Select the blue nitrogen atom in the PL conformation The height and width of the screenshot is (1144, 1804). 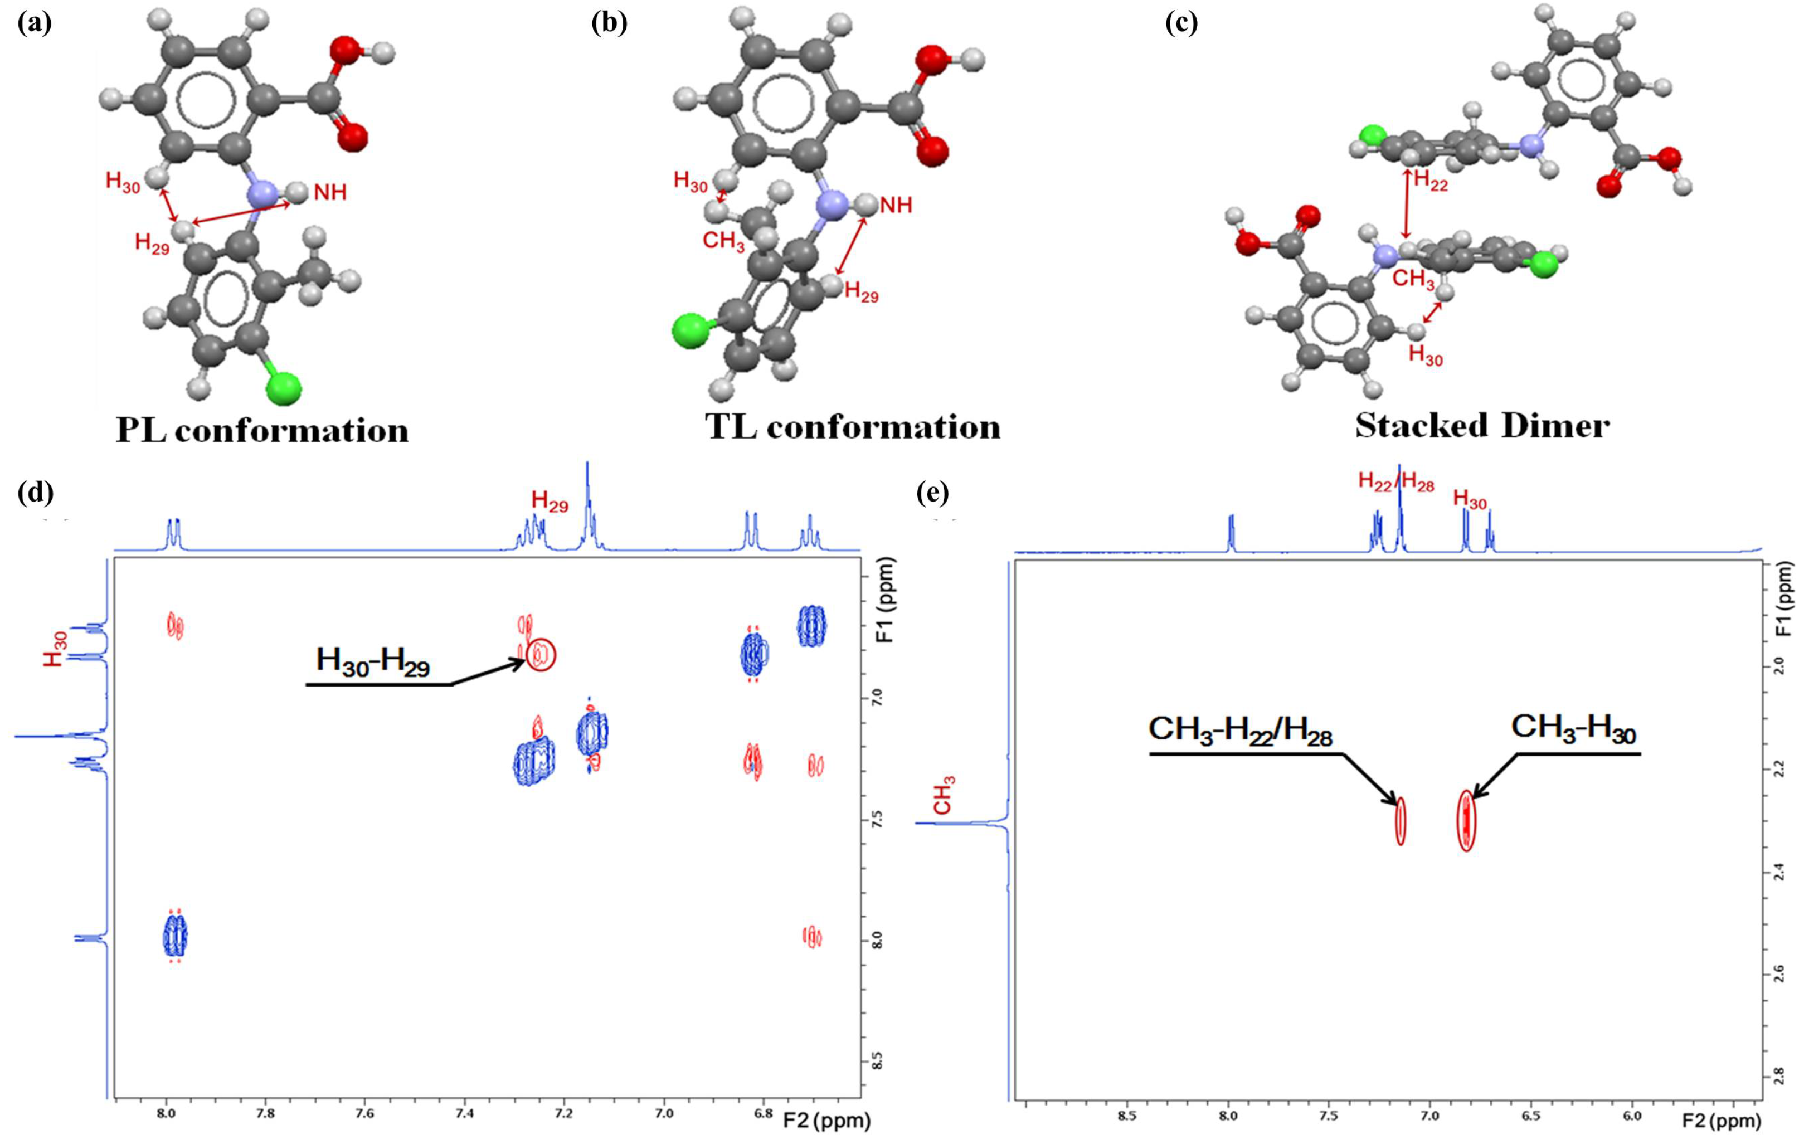261,193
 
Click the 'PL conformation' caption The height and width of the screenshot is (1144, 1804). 262,430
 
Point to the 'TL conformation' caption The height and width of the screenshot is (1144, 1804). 853,427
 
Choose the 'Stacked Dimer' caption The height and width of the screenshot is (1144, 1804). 1482,426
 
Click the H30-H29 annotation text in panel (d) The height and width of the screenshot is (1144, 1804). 372,661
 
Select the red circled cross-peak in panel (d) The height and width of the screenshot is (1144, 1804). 541,656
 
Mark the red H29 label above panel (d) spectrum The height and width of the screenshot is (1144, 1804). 550,502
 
